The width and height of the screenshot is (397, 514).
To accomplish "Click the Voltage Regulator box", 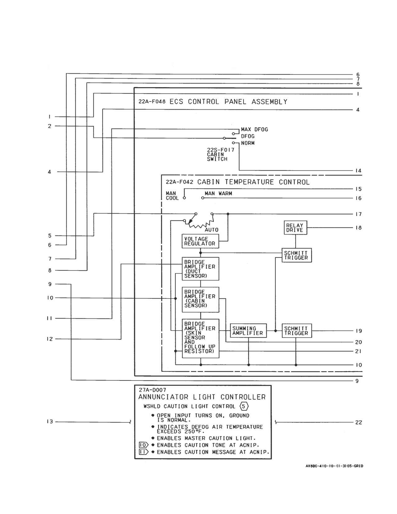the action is (x=200, y=241).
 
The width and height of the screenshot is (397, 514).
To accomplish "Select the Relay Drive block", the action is (x=295, y=227).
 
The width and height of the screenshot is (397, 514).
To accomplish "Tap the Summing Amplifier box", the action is (x=248, y=330).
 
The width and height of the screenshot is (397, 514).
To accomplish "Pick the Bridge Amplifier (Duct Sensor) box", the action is (x=200, y=269).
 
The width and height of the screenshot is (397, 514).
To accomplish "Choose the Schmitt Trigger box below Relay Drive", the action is (x=297, y=255).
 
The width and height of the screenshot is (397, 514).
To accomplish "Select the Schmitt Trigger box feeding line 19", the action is (x=297, y=330).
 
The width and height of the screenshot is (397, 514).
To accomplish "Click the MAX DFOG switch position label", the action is (x=255, y=129).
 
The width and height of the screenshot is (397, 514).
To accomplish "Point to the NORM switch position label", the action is (x=248, y=143).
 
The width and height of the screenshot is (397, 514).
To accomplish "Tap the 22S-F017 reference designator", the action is (x=220, y=150).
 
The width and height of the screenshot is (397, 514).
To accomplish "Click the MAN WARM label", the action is (x=218, y=194).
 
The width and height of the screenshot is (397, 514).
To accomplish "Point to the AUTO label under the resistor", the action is (x=211, y=230).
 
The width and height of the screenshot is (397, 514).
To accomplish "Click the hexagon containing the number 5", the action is (x=244, y=406).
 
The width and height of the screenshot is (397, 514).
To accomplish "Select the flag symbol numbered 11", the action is (x=144, y=452).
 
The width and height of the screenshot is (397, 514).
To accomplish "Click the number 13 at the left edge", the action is (x=50, y=422).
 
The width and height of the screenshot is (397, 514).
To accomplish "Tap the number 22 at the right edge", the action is (x=358, y=422).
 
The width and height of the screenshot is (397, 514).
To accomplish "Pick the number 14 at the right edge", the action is (x=358, y=171).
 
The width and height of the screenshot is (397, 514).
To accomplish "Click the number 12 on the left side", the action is (x=50, y=339).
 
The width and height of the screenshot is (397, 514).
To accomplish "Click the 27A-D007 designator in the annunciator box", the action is (x=152, y=390).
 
